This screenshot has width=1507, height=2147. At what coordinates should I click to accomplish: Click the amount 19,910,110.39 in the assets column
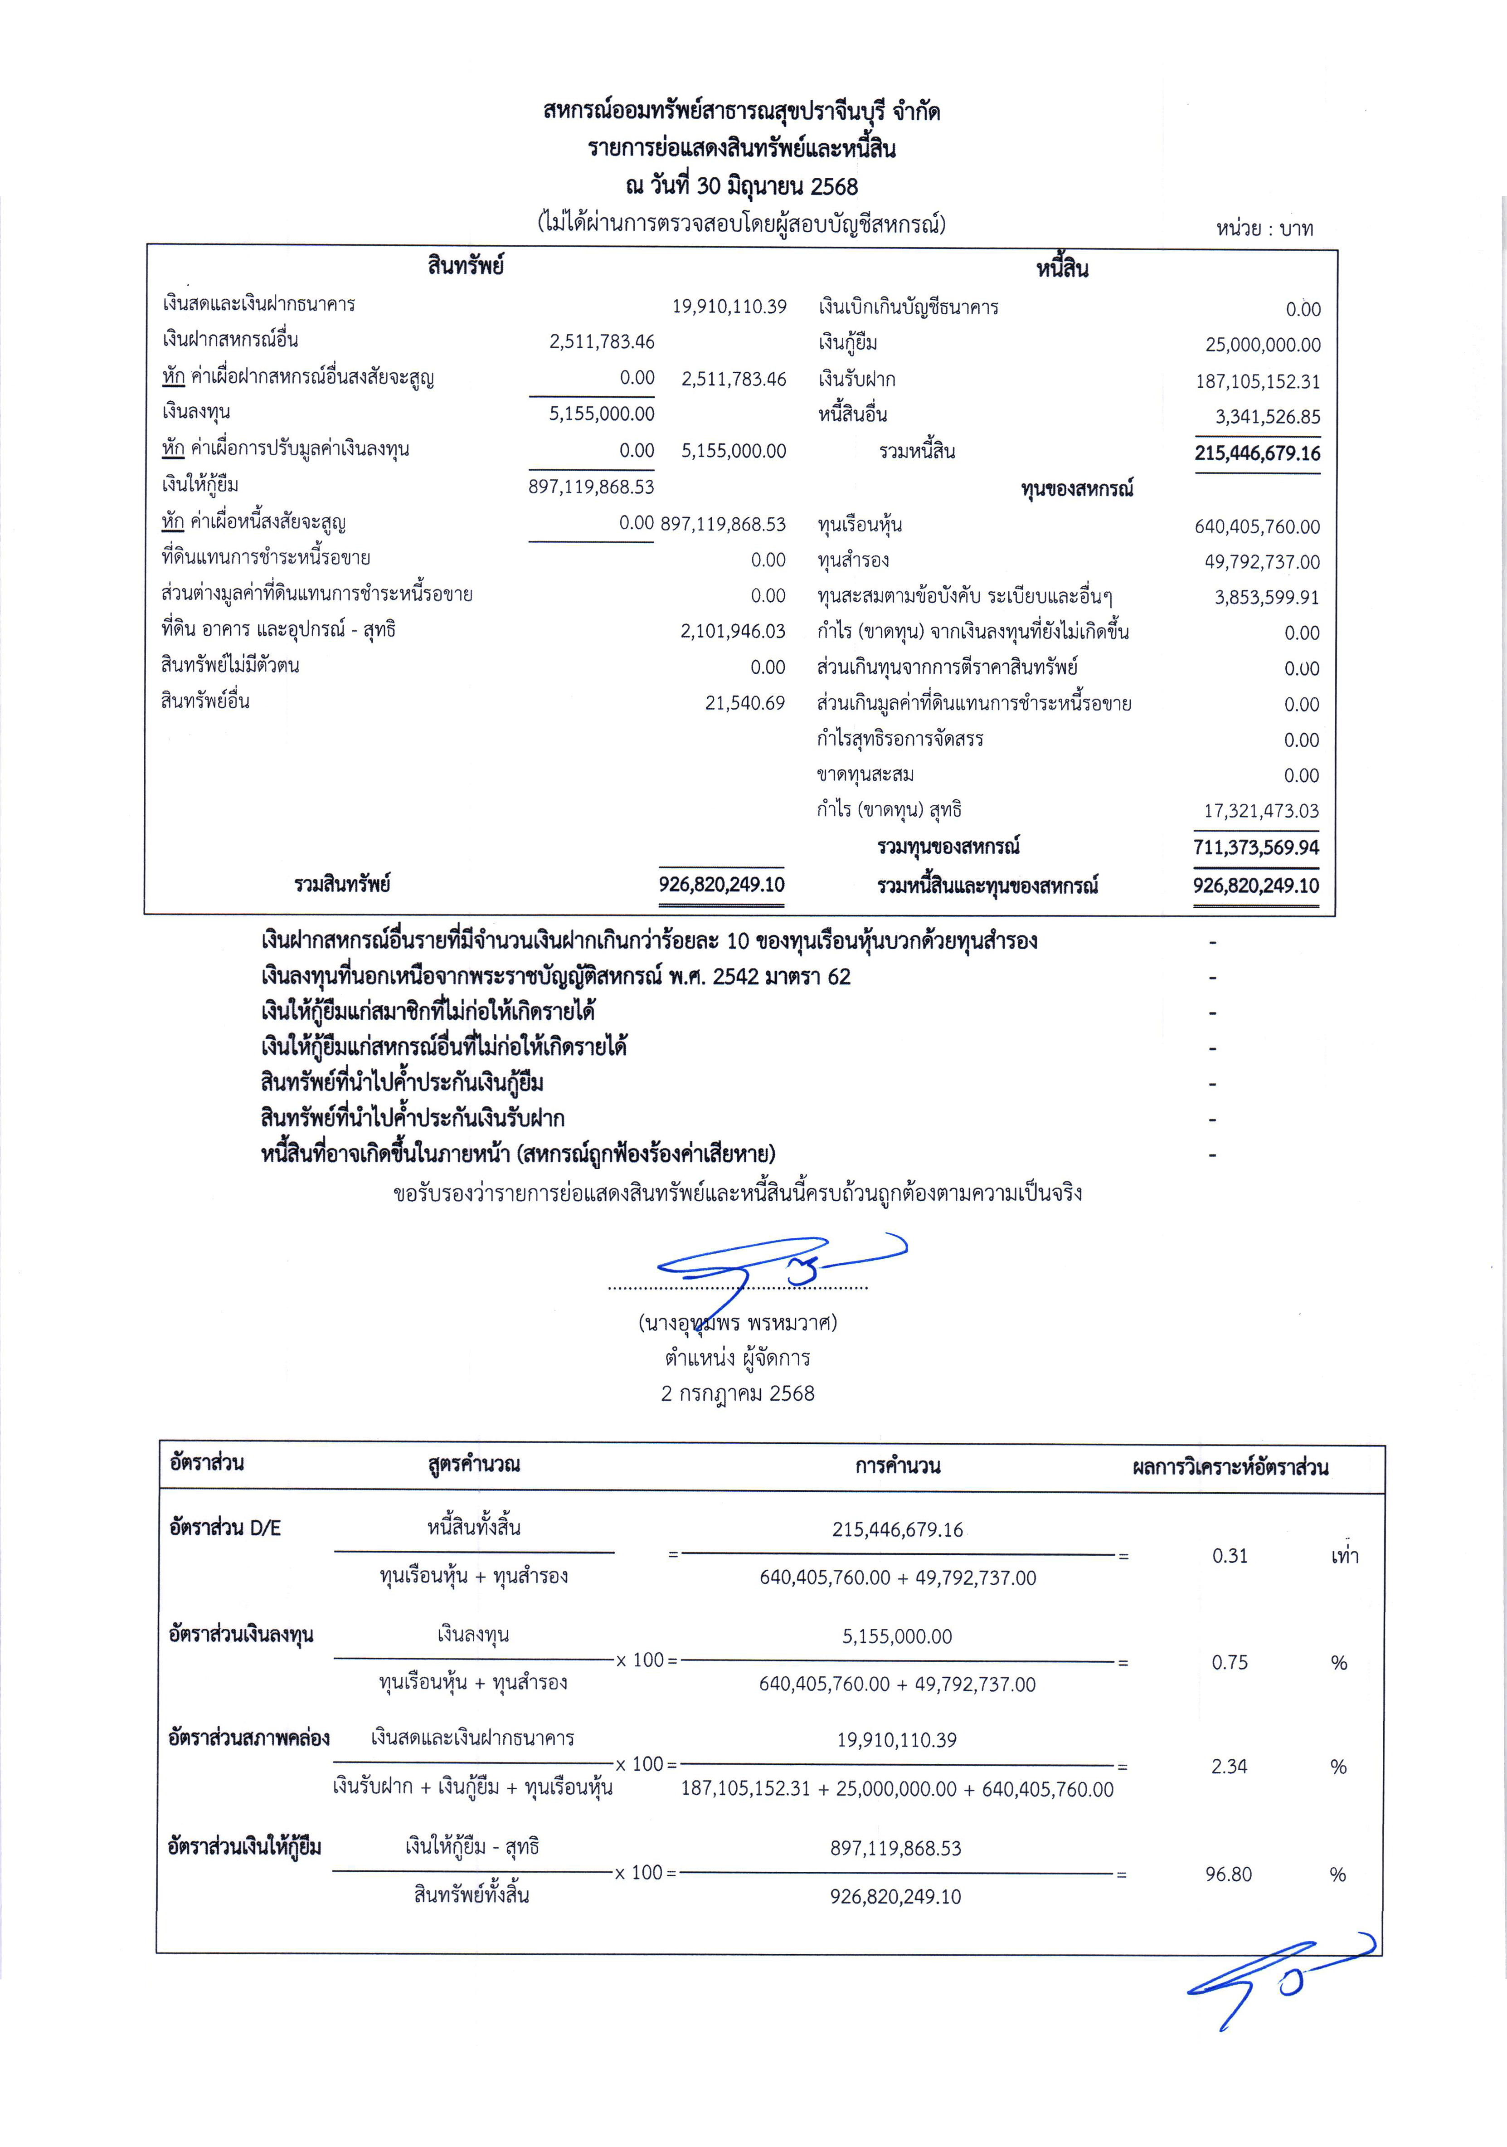pyautogui.click(x=729, y=307)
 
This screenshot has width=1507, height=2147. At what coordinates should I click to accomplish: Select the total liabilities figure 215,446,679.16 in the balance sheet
pyautogui.click(x=1256, y=453)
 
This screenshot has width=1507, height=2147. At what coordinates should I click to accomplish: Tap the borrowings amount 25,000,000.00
pyautogui.click(x=1262, y=345)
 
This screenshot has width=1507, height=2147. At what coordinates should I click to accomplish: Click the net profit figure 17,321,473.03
pyautogui.click(x=1261, y=811)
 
